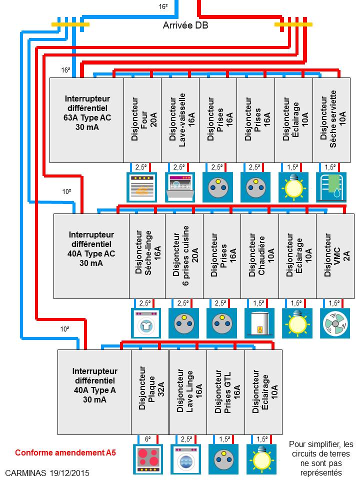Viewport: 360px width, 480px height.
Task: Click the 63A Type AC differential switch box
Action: click(x=87, y=120)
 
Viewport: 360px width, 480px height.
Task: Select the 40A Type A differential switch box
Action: click(x=94, y=392)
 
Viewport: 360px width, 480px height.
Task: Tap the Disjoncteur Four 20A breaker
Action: click(x=142, y=120)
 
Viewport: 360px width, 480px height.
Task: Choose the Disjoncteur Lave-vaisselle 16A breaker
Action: click(x=180, y=120)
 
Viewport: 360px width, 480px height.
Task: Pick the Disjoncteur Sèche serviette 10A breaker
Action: click(x=331, y=120)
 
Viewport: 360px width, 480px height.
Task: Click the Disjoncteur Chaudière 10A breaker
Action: click(x=260, y=256)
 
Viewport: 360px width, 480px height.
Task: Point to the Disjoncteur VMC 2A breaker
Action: click(x=335, y=256)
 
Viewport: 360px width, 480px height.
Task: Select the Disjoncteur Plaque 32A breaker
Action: click(x=150, y=392)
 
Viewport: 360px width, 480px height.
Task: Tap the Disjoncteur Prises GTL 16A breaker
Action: click(x=226, y=392)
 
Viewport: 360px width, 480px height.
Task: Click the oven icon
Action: click(x=141, y=187)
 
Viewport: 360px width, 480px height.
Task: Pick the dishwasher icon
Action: click(x=180, y=187)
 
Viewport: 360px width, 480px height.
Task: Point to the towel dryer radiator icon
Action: click(x=331, y=187)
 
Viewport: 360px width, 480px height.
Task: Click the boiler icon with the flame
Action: click(x=259, y=323)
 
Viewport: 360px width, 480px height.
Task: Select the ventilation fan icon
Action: click(x=335, y=323)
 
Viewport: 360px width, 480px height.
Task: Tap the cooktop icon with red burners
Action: click(x=148, y=459)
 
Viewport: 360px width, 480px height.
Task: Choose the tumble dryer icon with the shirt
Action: click(x=146, y=323)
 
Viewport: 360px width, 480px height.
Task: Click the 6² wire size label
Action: click(x=148, y=439)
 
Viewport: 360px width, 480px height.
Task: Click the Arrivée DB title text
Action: click(x=185, y=25)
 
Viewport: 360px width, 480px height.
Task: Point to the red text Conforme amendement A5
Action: click(x=65, y=452)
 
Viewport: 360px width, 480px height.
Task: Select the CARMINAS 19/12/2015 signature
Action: click(x=47, y=473)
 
